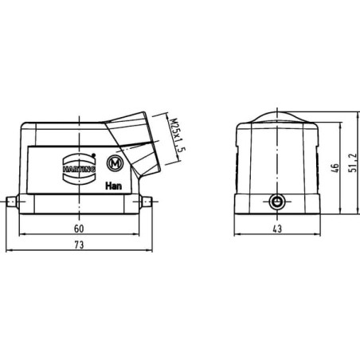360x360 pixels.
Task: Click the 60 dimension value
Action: click(x=79, y=229)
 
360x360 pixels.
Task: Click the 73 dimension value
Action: click(x=79, y=245)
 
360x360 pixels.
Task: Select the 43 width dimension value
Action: click(x=277, y=229)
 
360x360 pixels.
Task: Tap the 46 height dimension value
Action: click(x=335, y=168)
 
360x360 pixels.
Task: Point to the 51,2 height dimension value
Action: click(x=353, y=162)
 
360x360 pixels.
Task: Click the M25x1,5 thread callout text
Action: click(x=177, y=135)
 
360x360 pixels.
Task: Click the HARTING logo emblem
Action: click(x=80, y=169)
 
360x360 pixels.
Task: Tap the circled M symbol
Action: click(x=115, y=164)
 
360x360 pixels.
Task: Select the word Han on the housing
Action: click(x=114, y=186)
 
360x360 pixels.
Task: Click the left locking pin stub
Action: click(x=11, y=202)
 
